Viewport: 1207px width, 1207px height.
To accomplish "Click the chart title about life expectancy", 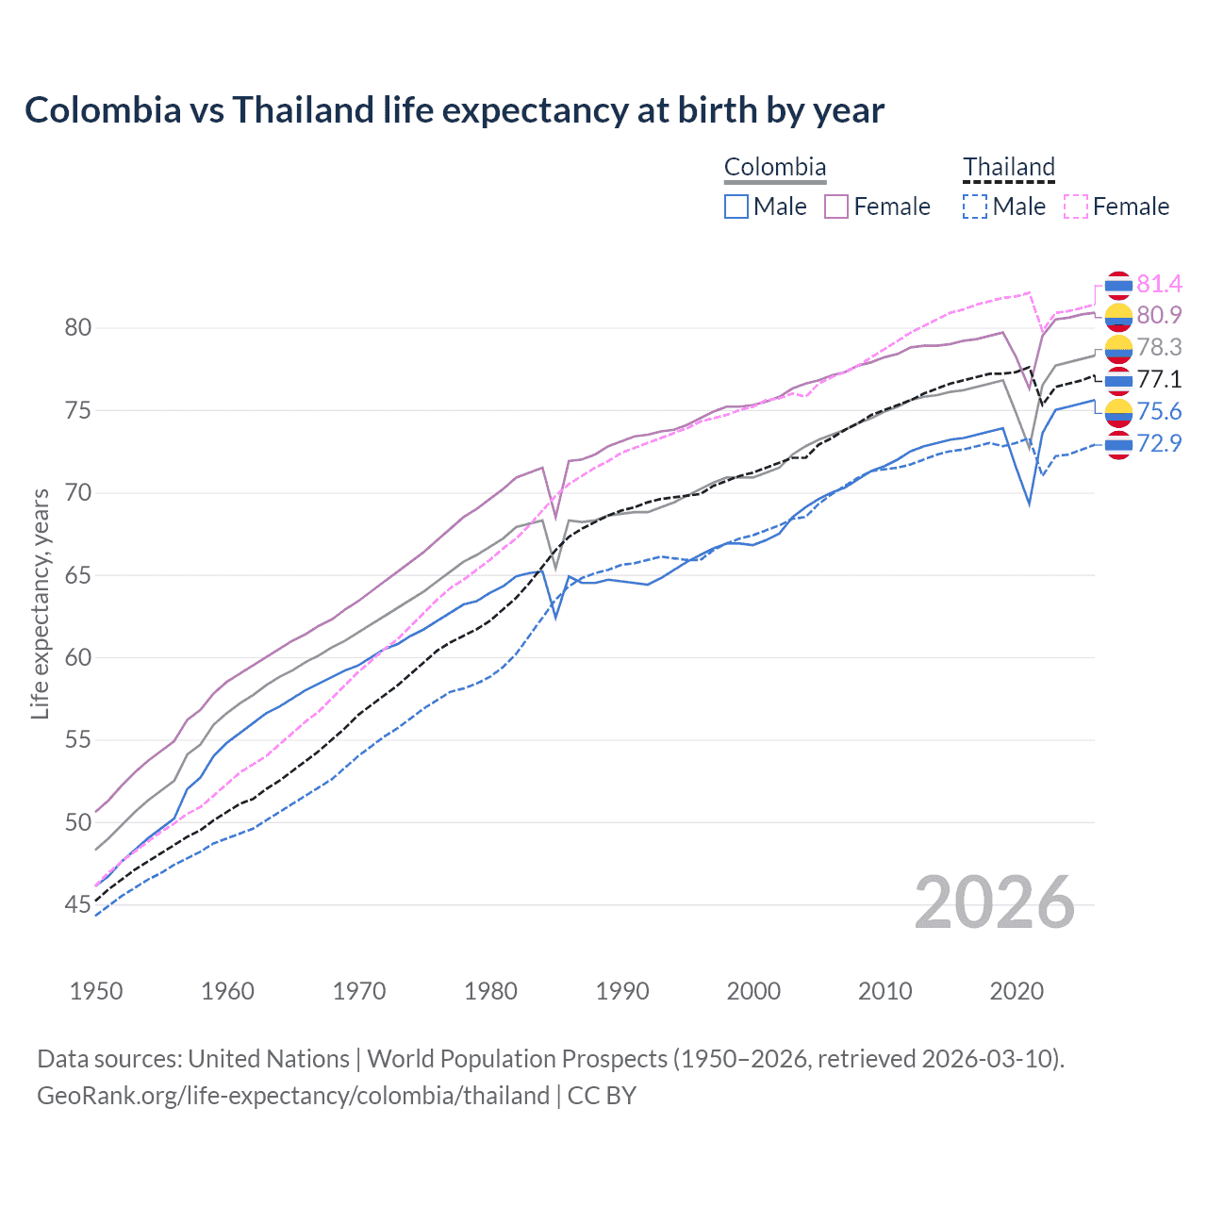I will click(x=455, y=110).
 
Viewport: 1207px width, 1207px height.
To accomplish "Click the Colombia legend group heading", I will click(x=774, y=168).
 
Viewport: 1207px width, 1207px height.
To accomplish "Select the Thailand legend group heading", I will click(x=1008, y=168).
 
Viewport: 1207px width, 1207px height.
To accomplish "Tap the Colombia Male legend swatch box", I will click(x=736, y=207).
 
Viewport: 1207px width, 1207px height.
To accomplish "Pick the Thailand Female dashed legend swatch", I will click(x=1076, y=207).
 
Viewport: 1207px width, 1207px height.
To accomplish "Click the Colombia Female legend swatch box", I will click(x=836, y=207).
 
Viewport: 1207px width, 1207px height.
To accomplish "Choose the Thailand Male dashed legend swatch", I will click(x=975, y=207).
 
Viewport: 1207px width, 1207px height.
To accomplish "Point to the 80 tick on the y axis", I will click(x=77, y=328).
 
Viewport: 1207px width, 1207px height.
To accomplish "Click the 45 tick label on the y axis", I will click(x=77, y=905).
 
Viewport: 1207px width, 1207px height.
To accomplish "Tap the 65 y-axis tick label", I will click(x=77, y=575).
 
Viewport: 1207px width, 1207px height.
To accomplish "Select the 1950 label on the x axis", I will click(x=96, y=991).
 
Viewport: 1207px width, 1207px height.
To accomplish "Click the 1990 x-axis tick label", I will click(x=622, y=991).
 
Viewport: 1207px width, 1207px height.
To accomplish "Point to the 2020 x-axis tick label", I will click(x=1017, y=991).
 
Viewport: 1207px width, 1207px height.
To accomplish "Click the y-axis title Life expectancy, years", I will click(x=40, y=603).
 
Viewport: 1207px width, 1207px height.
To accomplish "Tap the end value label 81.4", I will click(x=1159, y=284).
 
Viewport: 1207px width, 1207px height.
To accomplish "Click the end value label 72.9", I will click(x=1159, y=443).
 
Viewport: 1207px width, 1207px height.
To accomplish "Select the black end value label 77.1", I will click(x=1159, y=379).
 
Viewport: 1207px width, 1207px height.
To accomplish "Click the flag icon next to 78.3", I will click(x=1118, y=348).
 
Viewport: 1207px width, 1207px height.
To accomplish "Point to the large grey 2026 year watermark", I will click(x=994, y=903).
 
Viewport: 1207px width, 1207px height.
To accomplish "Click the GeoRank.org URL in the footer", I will click(x=293, y=1096).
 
